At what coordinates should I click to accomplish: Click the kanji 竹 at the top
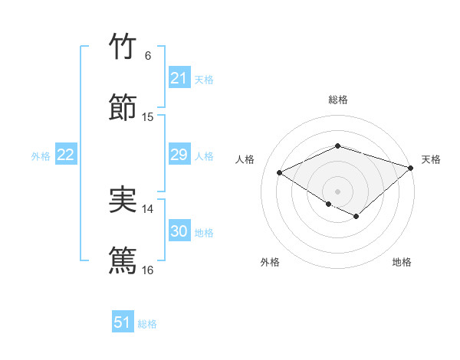click(x=123, y=46)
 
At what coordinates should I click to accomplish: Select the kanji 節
click(x=123, y=107)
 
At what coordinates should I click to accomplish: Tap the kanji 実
click(x=123, y=199)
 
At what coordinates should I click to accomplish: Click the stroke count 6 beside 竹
click(x=148, y=56)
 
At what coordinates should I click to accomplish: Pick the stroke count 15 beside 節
click(x=148, y=117)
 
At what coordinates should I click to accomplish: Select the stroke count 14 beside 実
click(x=148, y=209)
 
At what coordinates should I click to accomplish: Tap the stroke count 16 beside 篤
click(x=148, y=270)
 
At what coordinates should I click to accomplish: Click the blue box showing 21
click(x=179, y=78)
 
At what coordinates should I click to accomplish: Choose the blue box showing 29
click(x=179, y=155)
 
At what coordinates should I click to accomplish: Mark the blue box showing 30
click(x=179, y=231)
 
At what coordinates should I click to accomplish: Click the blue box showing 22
click(x=65, y=155)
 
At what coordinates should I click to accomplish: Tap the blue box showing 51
click(x=123, y=322)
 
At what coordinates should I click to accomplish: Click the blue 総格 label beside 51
click(x=147, y=324)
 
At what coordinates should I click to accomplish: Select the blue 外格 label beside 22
click(x=41, y=156)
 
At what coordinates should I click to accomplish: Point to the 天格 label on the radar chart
click(x=431, y=159)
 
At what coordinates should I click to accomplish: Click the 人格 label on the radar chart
click(x=245, y=159)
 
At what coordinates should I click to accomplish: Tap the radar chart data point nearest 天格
click(x=412, y=167)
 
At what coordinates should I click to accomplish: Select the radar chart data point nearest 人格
click(x=280, y=173)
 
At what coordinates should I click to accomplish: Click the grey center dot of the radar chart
click(x=337, y=191)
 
